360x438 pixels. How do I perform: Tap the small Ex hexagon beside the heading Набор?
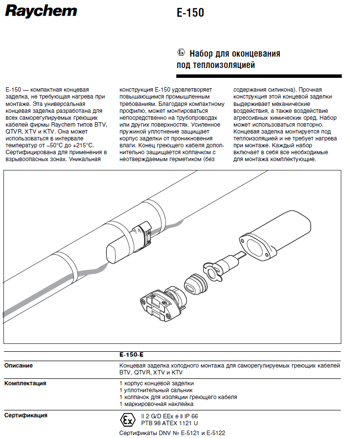click(181, 53)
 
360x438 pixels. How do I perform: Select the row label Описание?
click(19, 365)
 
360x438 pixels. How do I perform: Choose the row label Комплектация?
click(26, 383)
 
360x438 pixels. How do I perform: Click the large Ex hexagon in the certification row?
click(128, 420)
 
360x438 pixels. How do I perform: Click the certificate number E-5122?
click(214, 433)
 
